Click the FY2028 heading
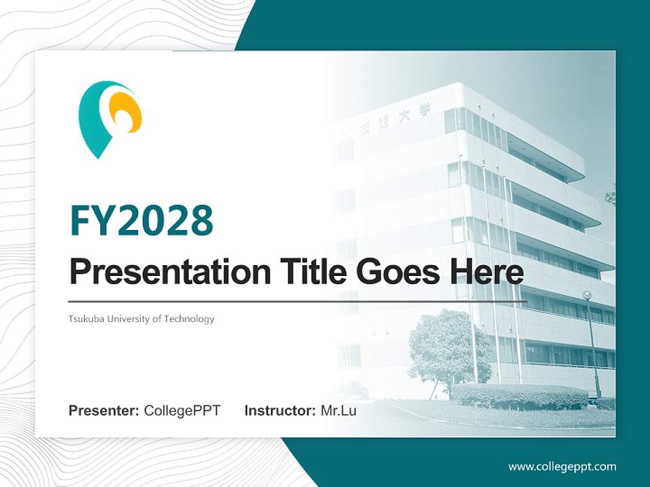142,221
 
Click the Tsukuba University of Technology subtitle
141,319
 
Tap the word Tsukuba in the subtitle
85,319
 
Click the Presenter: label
104,411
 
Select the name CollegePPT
182,411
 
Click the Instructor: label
280,411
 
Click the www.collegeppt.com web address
562,467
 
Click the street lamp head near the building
587,295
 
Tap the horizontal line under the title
298,301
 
